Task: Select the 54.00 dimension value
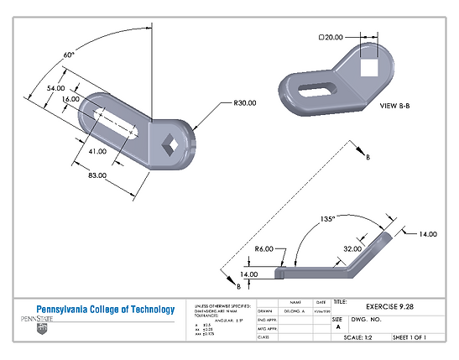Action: point(55,87)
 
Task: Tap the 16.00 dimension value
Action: point(70,99)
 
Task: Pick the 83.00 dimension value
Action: point(96,175)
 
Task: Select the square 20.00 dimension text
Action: point(331,38)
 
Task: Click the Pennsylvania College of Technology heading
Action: point(105,308)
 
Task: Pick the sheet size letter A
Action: point(337,326)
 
